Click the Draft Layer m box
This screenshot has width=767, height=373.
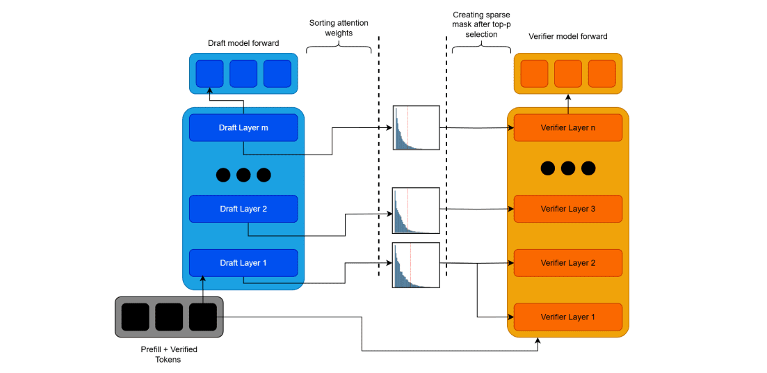point(243,128)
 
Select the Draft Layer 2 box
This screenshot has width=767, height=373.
point(243,209)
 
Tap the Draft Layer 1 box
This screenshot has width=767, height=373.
point(243,263)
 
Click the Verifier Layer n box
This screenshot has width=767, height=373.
point(568,128)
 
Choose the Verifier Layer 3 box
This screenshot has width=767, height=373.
point(568,209)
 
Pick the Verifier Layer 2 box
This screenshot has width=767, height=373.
point(568,263)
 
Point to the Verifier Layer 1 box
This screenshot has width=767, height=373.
point(568,317)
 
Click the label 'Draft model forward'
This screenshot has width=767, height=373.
point(243,43)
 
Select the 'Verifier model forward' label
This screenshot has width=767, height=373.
point(568,36)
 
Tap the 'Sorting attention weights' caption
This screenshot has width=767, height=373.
point(339,28)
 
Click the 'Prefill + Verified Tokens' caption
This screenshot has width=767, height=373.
point(169,354)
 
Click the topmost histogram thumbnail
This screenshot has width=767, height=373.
point(416,128)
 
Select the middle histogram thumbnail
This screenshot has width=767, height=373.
point(416,210)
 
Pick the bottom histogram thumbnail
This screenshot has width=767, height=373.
point(416,265)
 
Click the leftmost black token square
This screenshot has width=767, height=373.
point(135,317)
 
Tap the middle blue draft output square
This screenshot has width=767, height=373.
point(243,74)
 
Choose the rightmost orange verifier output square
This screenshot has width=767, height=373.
point(602,74)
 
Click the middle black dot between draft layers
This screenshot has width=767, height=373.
point(243,175)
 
